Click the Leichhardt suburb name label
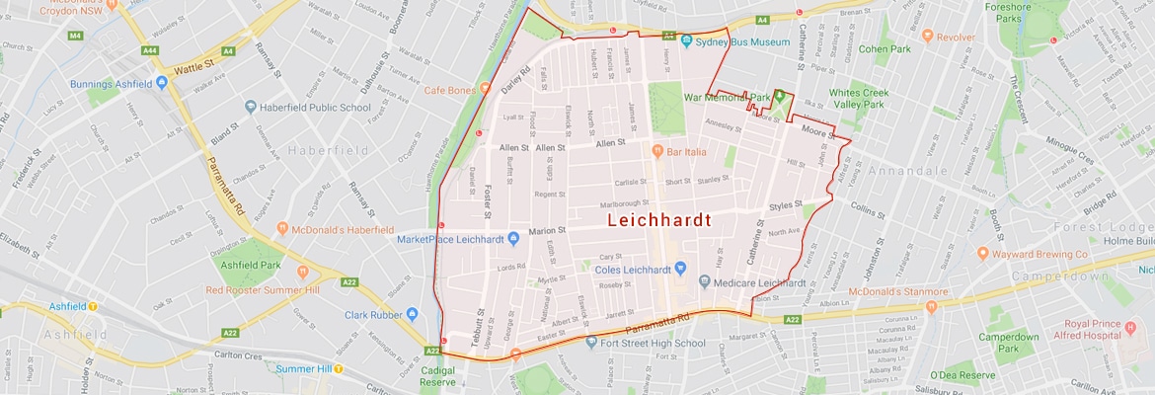click(658, 220)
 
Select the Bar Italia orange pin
click(656, 150)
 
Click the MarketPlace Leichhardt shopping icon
click(513, 238)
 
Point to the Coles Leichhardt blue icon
click(680, 268)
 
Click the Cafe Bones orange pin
click(485, 89)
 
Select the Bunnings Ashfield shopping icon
click(160, 83)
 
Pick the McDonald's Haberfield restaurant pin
click(281, 229)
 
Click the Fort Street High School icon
click(591, 343)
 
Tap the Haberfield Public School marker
click(251, 106)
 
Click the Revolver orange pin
click(927, 36)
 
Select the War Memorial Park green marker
click(779, 97)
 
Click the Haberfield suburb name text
click(329, 150)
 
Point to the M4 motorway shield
click(76, 36)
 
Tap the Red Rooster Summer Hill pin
click(302, 273)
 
